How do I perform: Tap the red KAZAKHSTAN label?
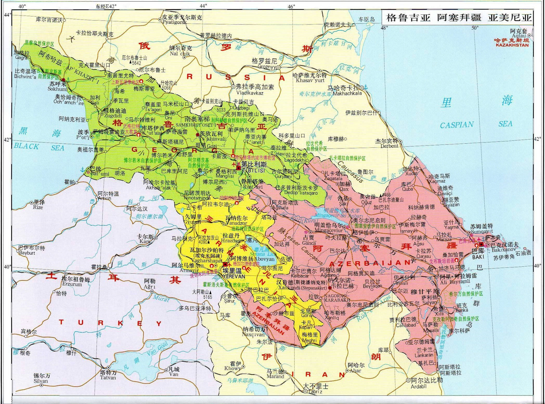click(512, 45)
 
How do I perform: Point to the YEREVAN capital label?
click(234, 276)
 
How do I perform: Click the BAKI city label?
click(478, 257)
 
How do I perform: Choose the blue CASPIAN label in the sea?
click(456, 125)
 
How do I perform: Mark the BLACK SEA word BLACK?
click(27, 146)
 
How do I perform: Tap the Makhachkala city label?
click(347, 93)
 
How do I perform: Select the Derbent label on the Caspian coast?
click(389, 146)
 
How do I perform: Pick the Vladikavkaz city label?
click(250, 93)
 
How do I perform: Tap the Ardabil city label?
click(419, 386)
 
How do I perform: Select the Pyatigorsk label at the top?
click(175, 22)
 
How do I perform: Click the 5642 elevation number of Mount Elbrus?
click(136, 63)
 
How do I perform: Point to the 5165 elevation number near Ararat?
click(207, 297)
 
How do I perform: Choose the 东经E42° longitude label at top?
click(106, 6)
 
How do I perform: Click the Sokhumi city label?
click(57, 89)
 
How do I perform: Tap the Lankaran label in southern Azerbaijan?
click(424, 355)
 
